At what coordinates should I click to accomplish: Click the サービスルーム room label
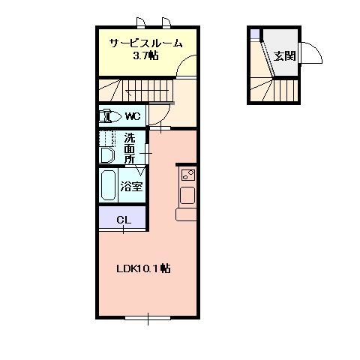145,43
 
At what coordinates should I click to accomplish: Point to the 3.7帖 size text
145,55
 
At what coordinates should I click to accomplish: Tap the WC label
133,116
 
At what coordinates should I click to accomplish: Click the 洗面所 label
130,148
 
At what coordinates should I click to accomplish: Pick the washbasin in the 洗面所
106,155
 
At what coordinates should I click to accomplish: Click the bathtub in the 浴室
108,185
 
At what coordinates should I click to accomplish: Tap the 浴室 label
131,186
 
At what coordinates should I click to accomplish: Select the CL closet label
124,220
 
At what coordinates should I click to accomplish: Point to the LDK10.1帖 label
143,268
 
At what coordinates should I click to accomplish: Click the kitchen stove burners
188,175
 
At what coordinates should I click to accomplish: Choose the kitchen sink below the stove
187,195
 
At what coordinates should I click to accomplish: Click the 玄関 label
284,55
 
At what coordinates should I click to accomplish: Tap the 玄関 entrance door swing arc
316,49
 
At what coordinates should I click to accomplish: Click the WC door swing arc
165,118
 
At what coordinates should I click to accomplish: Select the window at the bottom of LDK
148,318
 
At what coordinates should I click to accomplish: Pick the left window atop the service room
141,22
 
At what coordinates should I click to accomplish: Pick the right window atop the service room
166,22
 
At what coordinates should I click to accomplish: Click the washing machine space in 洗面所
107,139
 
